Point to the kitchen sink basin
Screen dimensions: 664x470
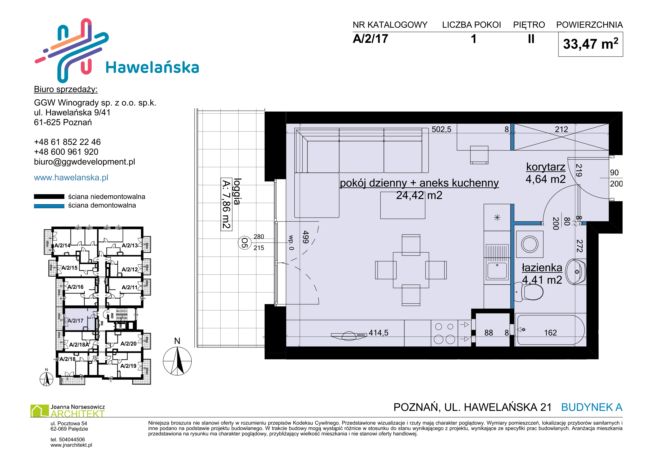[497, 270]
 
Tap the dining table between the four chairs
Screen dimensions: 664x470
[411, 270]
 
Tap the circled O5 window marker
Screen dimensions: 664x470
[244, 243]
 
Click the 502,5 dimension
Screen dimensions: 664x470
[441, 129]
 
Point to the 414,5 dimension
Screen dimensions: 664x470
[378, 333]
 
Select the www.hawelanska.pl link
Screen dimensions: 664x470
[71, 177]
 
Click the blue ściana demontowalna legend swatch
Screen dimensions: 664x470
[49, 206]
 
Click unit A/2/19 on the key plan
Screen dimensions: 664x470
[128, 366]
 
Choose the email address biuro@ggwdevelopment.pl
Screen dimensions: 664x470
[84, 162]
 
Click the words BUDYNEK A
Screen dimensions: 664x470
[592, 407]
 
